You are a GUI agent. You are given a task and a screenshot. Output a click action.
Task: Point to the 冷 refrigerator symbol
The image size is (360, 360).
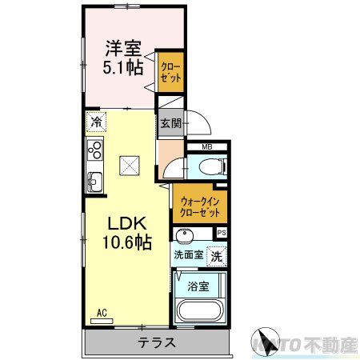[x=96, y=122]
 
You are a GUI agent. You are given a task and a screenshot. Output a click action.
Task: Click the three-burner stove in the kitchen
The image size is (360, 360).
[x=95, y=150]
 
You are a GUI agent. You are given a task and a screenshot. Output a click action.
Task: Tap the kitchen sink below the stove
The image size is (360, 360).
[x=95, y=178]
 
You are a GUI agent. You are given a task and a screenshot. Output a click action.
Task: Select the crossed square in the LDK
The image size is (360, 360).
[x=129, y=166]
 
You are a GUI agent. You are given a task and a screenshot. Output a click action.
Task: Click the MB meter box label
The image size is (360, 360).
[x=206, y=147]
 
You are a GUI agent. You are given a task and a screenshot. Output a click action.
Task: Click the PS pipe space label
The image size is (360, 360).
[x=221, y=233]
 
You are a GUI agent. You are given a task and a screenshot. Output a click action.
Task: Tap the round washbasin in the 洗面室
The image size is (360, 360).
[x=183, y=236]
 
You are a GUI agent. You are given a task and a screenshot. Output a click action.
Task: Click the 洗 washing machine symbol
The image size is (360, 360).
[x=215, y=256]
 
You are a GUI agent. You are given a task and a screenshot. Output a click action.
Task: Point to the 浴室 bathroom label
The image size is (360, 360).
[x=198, y=284]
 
